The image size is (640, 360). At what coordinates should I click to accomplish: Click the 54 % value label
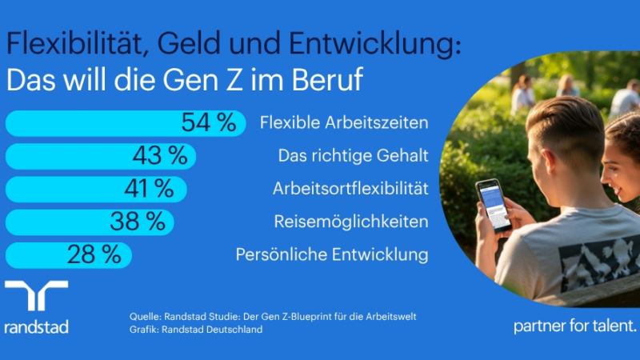[208, 123]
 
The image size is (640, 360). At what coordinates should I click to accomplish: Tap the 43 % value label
[159, 156]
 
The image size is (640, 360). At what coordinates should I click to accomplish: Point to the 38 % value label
[138, 222]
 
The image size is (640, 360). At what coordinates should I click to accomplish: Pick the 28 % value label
[94, 254]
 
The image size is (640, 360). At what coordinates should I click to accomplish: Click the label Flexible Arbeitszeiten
[344, 123]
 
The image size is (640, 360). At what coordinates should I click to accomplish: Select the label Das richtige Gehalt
[353, 156]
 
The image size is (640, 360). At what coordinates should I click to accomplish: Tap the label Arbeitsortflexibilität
[350, 189]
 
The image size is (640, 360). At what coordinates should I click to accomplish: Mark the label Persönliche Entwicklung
[332, 254]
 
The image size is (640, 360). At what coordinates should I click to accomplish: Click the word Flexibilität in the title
[66, 46]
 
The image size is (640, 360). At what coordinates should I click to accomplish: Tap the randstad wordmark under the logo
[36, 326]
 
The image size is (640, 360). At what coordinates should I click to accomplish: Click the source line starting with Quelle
[273, 317]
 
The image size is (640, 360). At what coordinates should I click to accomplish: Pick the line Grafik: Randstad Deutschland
[196, 330]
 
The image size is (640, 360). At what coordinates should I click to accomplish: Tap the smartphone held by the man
[493, 205]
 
